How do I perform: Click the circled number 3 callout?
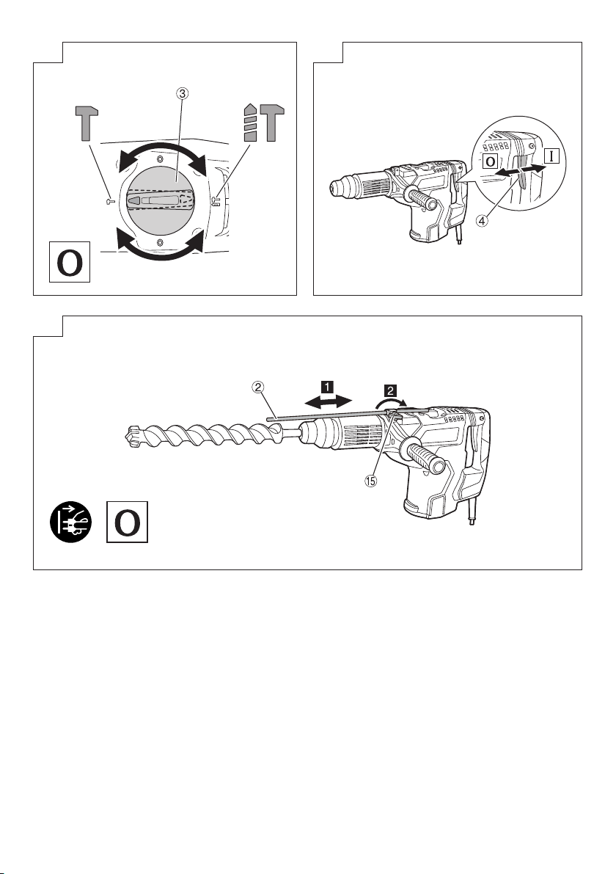click(x=182, y=94)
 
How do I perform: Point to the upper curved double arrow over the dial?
click(x=161, y=150)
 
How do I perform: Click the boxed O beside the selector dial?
click(x=70, y=261)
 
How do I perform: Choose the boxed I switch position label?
click(x=551, y=156)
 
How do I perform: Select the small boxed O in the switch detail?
click(x=490, y=161)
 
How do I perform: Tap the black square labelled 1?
click(x=327, y=386)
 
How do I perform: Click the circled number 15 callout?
click(x=371, y=481)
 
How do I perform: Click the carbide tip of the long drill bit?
click(x=131, y=437)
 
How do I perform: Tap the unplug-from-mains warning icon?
click(x=70, y=522)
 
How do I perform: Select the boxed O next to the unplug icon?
click(x=128, y=522)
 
